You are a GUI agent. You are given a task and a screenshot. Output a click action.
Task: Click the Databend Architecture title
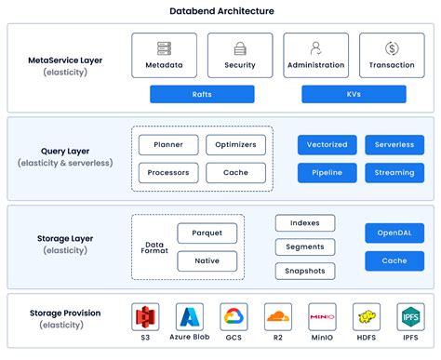(x=220, y=11)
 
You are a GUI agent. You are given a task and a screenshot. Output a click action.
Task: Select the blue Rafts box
(x=202, y=94)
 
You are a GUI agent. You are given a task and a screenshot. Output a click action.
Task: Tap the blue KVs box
(x=354, y=94)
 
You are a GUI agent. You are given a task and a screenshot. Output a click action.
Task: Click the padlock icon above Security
(x=240, y=48)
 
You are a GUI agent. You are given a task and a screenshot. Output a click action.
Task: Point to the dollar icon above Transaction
(x=391, y=48)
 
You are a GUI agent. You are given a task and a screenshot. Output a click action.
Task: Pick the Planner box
(x=167, y=145)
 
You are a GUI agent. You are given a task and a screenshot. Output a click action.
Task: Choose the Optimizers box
(x=235, y=145)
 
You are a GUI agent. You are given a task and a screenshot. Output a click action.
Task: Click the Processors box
(x=167, y=173)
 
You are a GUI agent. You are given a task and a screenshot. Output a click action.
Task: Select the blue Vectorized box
(x=327, y=145)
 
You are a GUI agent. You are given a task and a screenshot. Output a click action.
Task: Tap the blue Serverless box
(x=394, y=145)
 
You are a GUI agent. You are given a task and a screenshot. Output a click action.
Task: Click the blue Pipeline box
(x=327, y=173)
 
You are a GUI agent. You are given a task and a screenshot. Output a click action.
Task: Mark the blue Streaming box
(x=394, y=173)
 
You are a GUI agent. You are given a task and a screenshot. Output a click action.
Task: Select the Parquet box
(x=207, y=233)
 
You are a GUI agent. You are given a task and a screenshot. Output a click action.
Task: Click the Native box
(x=207, y=261)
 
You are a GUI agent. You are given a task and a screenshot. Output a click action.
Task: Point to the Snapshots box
(x=305, y=271)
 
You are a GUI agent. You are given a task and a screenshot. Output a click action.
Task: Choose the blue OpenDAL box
(x=394, y=233)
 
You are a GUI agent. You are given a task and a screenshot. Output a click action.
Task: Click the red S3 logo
(x=144, y=318)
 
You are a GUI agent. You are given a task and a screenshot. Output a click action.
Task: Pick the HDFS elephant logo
(x=367, y=318)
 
